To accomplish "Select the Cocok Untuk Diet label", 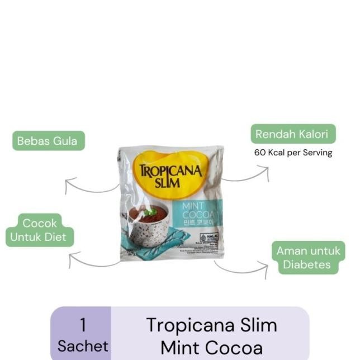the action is [x=39, y=230].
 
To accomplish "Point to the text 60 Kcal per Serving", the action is [x=293, y=152].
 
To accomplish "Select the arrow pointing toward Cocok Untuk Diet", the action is [x=92, y=260].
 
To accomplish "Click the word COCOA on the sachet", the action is [x=201, y=215].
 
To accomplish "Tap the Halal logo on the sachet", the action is [x=211, y=237].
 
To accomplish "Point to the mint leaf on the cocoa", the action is [x=149, y=212].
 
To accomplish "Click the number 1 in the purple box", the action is [x=83, y=325].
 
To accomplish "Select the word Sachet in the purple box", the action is [x=83, y=346].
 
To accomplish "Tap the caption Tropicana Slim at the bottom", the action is [x=211, y=325].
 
